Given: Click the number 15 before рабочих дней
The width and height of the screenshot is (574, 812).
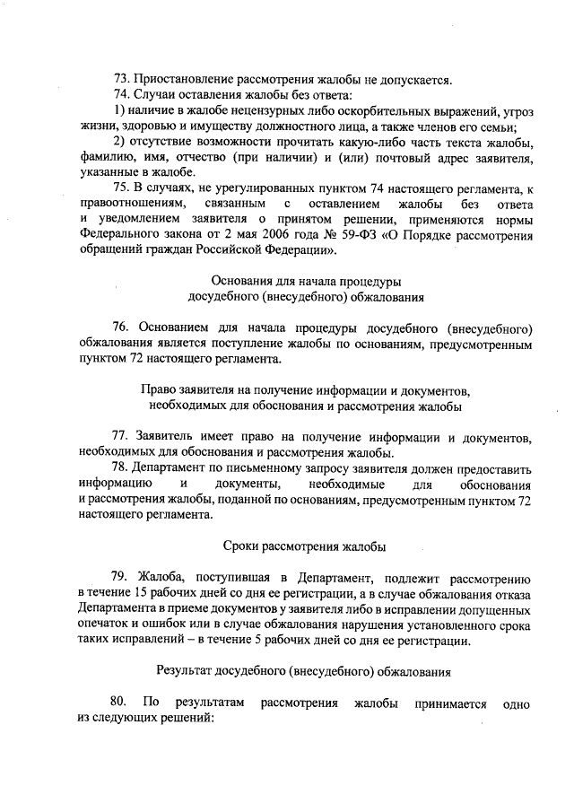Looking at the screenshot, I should (x=141, y=593).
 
